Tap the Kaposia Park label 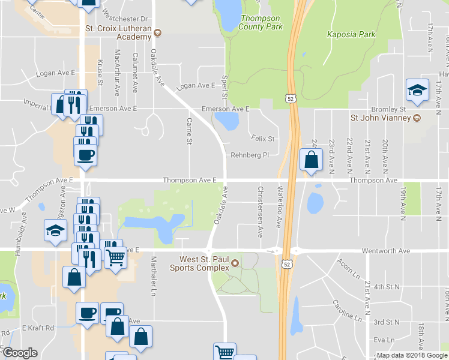pyautogui.click(x=351, y=34)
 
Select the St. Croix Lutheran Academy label pyautogui.click(x=118, y=32)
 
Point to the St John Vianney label pyautogui.click(x=381, y=117)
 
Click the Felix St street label pyautogui.click(x=263, y=139)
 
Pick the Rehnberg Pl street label pyautogui.click(x=250, y=155)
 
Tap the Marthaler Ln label pyautogui.click(x=154, y=275)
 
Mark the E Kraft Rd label pyautogui.click(x=38, y=328)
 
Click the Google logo pyautogui.click(x=20, y=353)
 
